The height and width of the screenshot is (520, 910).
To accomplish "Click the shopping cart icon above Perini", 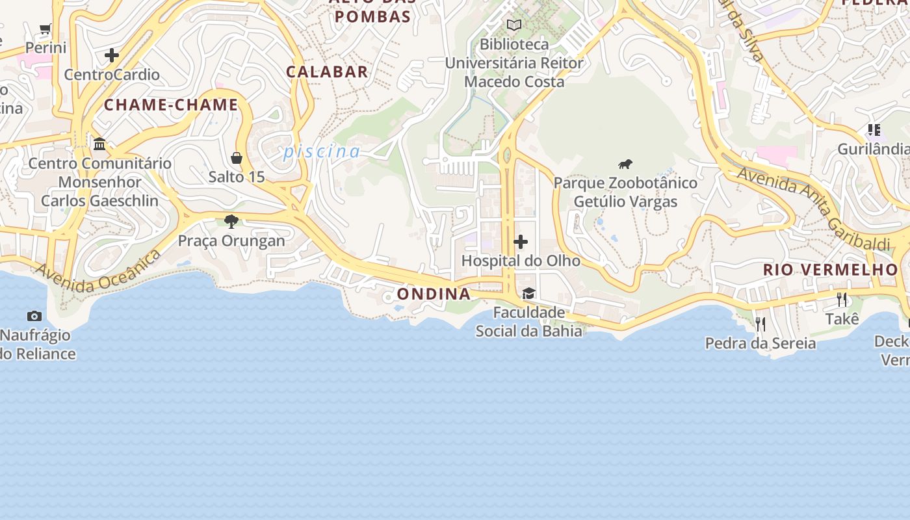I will pyautogui.click(x=45, y=29).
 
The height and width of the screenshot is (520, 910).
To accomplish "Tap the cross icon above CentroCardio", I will pyautogui.click(x=112, y=55).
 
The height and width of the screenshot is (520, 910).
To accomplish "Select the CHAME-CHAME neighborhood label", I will pyautogui.click(x=171, y=105).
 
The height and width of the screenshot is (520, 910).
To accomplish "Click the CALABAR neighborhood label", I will pyautogui.click(x=327, y=71).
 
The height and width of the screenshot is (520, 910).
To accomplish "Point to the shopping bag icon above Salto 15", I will pyautogui.click(x=237, y=158).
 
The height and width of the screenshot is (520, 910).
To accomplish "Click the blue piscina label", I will pyautogui.click(x=321, y=151).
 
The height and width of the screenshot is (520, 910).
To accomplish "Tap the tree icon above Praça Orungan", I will pyautogui.click(x=231, y=222).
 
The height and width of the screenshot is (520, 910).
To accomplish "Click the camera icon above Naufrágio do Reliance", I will pyautogui.click(x=34, y=317).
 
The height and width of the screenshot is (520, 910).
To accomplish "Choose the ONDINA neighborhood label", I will pyautogui.click(x=434, y=294).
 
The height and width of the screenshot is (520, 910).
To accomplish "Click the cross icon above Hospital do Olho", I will pyautogui.click(x=521, y=242).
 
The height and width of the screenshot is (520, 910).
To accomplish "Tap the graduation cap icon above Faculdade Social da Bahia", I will pyautogui.click(x=528, y=294).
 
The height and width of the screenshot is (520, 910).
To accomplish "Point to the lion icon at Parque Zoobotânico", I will pyautogui.click(x=625, y=164).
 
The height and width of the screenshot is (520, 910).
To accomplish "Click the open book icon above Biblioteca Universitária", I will pyautogui.click(x=514, y=25).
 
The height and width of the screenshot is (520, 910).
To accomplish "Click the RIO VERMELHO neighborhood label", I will pyautogui.click(x=830, y=269).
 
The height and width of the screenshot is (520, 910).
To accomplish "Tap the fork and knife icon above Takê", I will pyautogui.click(x=842, y=300).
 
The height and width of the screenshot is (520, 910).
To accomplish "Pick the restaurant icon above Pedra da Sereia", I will pyautogui.click(x=760, y=323).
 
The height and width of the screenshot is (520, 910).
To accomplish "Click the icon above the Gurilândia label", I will pyautogui.click(x=874, y=130).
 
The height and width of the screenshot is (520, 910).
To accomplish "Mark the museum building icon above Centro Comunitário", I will pyautogui.click(x=99, y=144).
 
